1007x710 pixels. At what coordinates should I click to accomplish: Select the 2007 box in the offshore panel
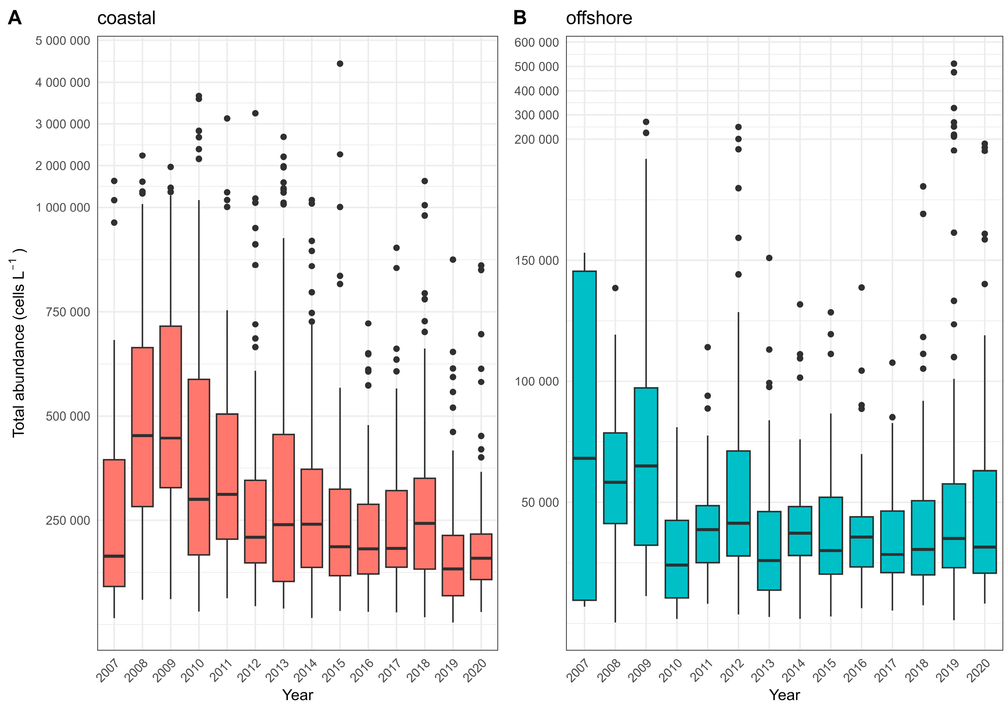tap(584, 435)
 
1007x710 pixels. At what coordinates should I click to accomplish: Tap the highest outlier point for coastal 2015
tap(340, 63)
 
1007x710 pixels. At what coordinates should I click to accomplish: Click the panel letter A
tap(15, 18)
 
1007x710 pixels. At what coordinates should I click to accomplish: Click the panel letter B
tap(520, 18)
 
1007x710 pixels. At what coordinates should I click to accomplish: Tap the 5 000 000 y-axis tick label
tap(63, 41)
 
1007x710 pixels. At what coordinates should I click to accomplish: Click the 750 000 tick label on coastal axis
tap(68, 312)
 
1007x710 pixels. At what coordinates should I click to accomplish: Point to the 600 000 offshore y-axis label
tap(537, 42)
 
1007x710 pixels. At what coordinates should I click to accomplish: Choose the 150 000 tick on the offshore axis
tap(537, 261)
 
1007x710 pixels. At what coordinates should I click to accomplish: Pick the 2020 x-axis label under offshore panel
tap(979, 670)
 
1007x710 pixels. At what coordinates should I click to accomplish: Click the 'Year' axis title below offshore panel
tap(784, 695)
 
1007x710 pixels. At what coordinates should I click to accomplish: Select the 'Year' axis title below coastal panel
tap(298, 695)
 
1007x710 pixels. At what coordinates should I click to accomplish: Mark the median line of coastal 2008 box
tap(143, 435)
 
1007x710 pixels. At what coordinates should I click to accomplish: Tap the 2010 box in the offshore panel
tap(677, 559)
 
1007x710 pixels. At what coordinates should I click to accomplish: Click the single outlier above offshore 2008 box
tap(615, 288)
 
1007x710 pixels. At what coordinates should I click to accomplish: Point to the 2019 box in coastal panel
tap(453, 565)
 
